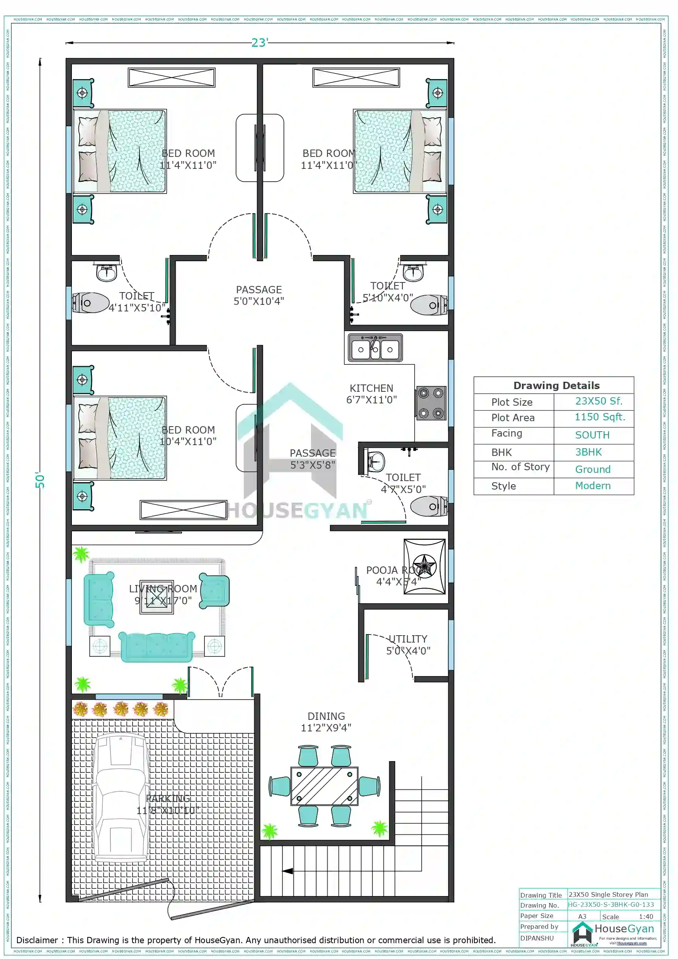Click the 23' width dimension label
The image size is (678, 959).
tap(260, 43)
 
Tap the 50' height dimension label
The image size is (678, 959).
tap(40, 480)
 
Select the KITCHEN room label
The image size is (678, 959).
tap(371, 388)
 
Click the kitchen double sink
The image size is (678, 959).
tap(375, 347)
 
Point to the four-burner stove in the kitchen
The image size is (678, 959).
tap(431, 403)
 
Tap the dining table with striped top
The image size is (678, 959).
tap(324, 786)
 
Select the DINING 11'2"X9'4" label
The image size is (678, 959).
tap(326, 722)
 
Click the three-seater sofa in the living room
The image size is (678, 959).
tap(156, 646)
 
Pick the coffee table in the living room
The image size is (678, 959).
tap(156, 597)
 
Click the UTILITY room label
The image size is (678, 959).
tap(408, 639)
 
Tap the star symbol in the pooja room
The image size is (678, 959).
tap(425, 566)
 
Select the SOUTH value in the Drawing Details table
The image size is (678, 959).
tap(592, 435)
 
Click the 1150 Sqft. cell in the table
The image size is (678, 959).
tap(600, 417)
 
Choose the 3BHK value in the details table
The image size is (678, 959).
tap(588, 452)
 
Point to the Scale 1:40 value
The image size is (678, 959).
tap(646, 916)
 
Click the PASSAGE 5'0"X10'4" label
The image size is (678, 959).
tap(258, 295)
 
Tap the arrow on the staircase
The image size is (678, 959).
tap(287, 871)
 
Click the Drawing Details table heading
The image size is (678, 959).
tap(556, 385)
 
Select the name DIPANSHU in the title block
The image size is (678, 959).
tap(537, 938)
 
